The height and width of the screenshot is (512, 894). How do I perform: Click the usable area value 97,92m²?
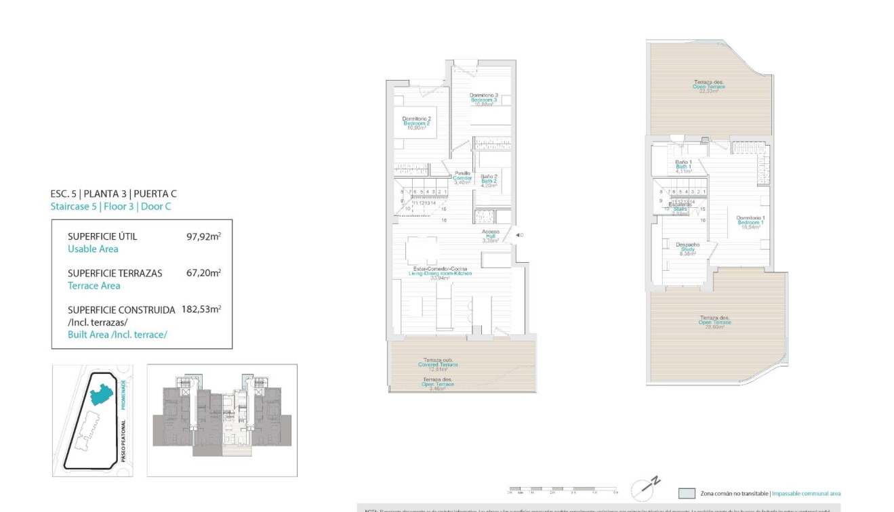(203, 237)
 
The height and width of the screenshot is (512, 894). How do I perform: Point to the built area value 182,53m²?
(201, 310)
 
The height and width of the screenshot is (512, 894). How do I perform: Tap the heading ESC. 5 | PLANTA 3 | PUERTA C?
(113, 193)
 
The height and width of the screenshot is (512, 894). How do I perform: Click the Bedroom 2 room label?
(416, 123)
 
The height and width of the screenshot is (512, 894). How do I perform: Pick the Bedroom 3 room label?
(484, 99)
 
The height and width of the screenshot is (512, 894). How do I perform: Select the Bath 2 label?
(489, 181)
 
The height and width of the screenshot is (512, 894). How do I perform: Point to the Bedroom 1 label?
(750, 222)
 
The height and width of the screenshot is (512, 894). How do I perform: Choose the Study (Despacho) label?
(687, 249)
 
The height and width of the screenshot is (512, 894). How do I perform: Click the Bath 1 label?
(683, 167)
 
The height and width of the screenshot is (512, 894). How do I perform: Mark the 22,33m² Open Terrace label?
(708, 86)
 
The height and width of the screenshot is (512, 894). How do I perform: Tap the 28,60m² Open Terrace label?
(714, 322)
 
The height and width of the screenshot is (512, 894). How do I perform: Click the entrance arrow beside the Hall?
(518, 235)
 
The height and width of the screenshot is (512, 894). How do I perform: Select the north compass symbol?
(644, 488)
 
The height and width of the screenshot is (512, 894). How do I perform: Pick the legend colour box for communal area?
(687, 494)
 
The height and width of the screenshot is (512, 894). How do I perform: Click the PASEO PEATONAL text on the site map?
(123, 439)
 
